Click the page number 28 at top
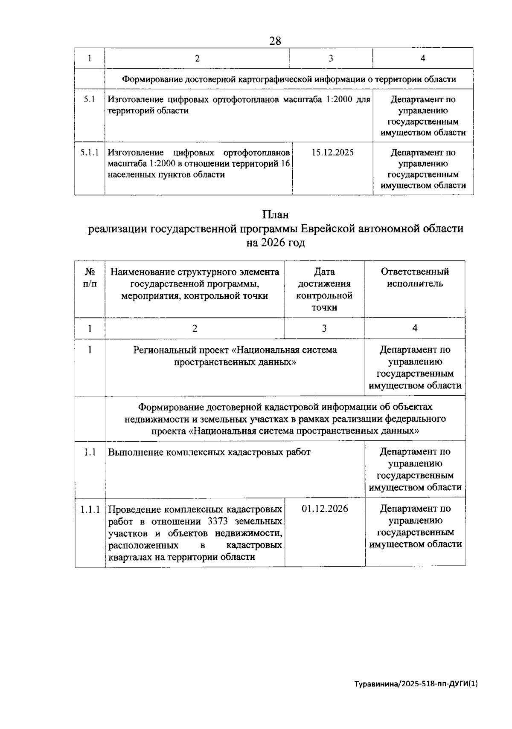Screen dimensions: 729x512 (275, 41)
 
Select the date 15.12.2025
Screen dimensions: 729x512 (332, 153)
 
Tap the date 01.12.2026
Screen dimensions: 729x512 (324, 509)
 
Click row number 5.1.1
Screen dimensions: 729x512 (90, 153)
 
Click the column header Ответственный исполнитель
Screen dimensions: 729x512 (415, 278)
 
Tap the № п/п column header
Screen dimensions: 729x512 (90, 278)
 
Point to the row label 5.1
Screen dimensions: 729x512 (90, 100)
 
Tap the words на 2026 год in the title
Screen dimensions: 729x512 (275, 243)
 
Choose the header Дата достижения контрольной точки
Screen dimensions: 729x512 (324, 289)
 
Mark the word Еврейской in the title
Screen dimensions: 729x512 (328, 229)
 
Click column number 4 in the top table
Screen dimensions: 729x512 (422, 58)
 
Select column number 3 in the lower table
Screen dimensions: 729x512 (324, 328)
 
